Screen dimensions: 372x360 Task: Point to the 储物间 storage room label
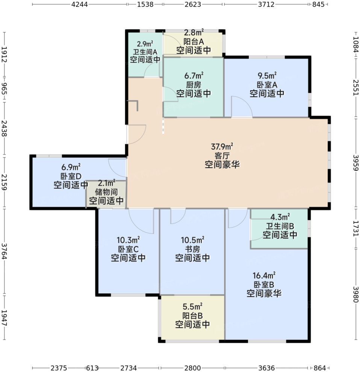point(105,192)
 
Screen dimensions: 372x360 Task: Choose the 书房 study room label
point(193,249)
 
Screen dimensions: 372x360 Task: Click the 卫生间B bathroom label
point(280,226)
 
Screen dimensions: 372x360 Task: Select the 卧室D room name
point(71,176)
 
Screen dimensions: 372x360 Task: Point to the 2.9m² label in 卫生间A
point(145,44)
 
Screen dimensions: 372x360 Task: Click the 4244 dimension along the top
point(79,5)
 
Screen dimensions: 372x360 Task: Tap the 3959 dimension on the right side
point(355,162)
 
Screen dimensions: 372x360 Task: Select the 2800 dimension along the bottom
point(192,367)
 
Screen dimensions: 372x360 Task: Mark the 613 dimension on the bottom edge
point(92,367)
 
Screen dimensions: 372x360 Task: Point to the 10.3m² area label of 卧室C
point(128,240)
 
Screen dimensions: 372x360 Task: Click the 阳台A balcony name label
point(194,41)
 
